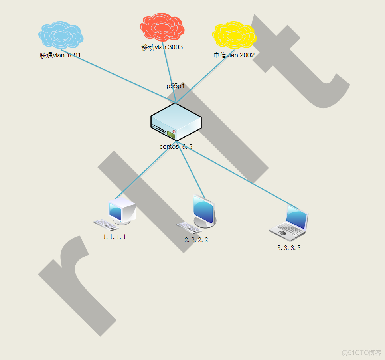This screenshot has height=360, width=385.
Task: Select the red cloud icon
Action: (162, 27)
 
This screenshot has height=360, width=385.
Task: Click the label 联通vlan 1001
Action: (60, 55)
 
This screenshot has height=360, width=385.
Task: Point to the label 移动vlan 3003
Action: (162, 47)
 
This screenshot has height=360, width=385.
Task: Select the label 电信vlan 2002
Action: (234, 55)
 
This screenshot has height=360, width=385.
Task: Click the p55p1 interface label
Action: (176, 86)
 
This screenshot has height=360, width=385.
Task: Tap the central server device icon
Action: (176, 122)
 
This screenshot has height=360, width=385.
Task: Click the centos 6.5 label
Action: (176, 147)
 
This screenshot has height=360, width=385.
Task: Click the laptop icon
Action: (289, 223)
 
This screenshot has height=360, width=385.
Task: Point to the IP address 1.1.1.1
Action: (115, 237)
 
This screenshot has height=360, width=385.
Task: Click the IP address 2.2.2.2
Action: (196, 240)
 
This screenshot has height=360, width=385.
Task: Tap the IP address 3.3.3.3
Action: (289, 248)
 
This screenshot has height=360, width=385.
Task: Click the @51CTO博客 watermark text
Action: (361, 353)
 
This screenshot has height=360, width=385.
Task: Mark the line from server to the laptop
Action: (239, 176)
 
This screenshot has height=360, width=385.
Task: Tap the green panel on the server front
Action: (171, 135)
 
